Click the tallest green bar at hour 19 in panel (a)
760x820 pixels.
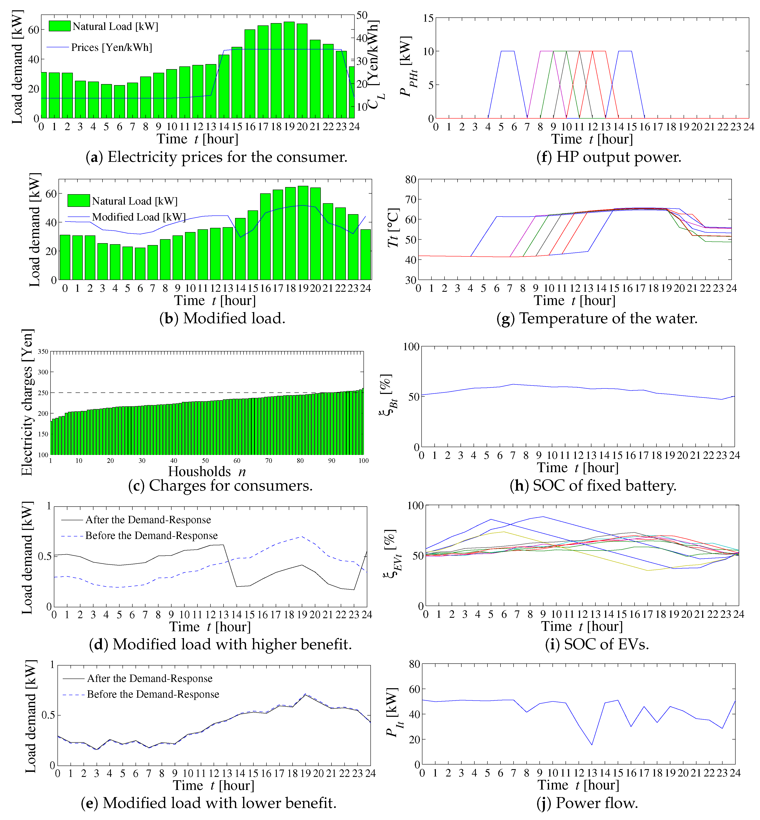[289, 70]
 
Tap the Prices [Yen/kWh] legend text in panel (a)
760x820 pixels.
[112, 48]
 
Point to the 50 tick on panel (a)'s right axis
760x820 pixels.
[362, 16]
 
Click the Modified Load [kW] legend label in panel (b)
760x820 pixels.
[138, 217]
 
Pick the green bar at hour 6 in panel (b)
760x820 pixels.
[140, 263]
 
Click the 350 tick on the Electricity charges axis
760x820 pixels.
[43, 352]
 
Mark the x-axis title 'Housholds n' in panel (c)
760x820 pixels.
[207, 471]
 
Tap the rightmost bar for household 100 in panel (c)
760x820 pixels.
[363, 421]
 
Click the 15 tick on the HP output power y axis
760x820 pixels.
[428, 18]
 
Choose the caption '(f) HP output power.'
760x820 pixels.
[609, 157]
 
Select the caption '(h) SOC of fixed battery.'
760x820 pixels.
[593, 486]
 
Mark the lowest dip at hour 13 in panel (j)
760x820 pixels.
[592, 745]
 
